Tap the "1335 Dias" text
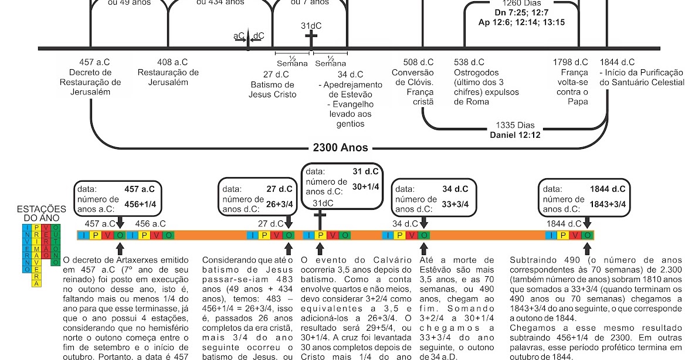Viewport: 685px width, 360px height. point(516,125)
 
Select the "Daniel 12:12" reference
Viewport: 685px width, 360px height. point(516,135)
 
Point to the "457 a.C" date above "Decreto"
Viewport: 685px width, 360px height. point(94,62)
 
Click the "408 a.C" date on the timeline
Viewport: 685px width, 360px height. point(172,62)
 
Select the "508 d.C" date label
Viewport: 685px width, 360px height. point(419,62)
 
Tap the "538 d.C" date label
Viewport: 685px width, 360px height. point(469,62)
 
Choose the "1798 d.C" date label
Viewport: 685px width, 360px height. point(571,62)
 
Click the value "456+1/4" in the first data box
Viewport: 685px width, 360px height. point(140,204)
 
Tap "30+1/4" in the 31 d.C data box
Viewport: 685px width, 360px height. point(366,186)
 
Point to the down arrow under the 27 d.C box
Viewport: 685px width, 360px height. point(289,222)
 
